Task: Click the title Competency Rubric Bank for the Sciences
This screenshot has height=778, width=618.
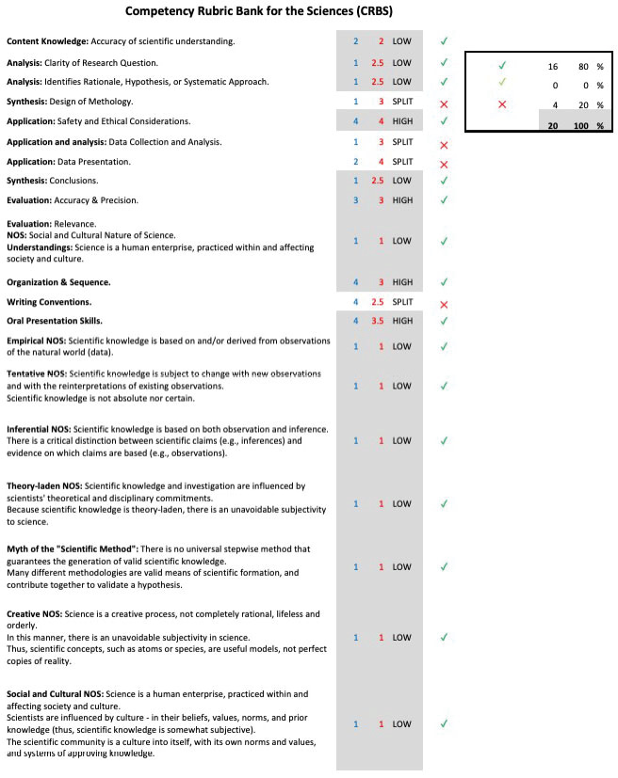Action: coord(259,12)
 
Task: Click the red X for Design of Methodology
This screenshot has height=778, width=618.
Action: coord(444,102)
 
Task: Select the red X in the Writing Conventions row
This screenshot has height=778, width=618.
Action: coord(444,304)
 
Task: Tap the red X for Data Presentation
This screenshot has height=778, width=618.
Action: coord(444,164)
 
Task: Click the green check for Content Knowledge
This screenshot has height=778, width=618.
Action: coord(444,41)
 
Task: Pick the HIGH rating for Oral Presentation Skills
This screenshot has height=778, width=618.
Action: coord(402,321)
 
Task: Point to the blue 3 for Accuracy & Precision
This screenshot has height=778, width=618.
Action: coord(356,200)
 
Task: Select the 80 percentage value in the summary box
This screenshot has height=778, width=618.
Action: coord(583,67)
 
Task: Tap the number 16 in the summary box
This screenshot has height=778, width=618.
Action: coord(553,67)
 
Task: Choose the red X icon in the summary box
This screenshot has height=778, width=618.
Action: coord(502,104)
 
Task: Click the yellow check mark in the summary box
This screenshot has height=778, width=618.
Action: coord(502,86)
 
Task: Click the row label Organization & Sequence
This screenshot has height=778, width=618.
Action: coord(58,282)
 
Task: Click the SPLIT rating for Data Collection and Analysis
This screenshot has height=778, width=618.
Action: coord(402,142)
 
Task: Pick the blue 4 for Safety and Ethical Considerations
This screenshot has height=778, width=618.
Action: coord(356,121)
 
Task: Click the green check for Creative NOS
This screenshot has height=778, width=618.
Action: coord(444,637)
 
